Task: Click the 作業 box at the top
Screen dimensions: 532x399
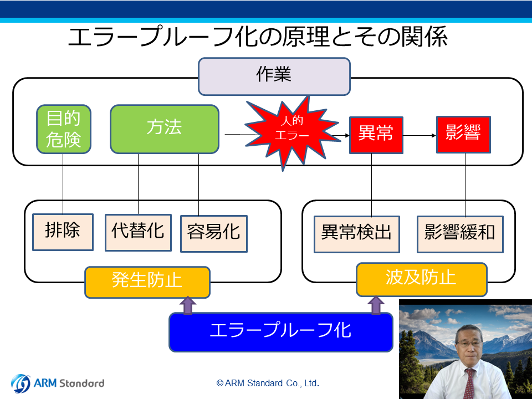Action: tap(274, 76)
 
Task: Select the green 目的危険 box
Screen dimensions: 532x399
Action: tap(63, 129)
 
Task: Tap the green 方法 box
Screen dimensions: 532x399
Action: tap(165, 129)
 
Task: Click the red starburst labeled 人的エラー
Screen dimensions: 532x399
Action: tap(292, 132)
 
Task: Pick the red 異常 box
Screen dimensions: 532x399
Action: tap(376, 135)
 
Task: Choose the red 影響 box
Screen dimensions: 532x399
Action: tap(463, 134)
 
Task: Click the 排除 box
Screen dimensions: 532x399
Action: tap(63, 232)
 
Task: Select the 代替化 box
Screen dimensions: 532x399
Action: tap(138, 233)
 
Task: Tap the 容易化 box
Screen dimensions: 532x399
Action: tap(214, 234)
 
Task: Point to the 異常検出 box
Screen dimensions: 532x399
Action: tap(356, 234)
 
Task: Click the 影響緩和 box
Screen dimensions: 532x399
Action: tap(460, 234)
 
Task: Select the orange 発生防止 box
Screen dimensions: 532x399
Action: tap(147, 282)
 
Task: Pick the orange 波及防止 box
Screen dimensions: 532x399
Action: tap(421, 279)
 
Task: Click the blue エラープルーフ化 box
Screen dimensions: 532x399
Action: tap(281, 332)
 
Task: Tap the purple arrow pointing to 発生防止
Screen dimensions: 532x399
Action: tap(188, 305)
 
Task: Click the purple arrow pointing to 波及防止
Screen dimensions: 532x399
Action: tap(376, 305)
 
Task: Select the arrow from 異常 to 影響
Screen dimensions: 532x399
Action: tap(420, 135)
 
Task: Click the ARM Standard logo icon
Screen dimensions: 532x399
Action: tap(21, 383)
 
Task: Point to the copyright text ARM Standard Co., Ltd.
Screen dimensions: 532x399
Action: tap(268, 383)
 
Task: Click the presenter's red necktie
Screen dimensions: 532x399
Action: tap(470, 383)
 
